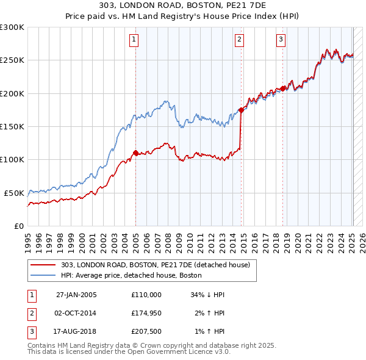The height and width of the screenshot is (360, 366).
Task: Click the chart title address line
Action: pos(183,7)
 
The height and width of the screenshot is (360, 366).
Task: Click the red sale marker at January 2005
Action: pos(135,153)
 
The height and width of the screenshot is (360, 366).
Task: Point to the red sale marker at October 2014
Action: pos(241,110)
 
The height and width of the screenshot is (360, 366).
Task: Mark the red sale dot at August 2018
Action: pos(283,88)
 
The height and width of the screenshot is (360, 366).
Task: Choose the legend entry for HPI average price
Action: pos(136,276)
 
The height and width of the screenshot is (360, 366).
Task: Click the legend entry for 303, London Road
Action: pos(156,265)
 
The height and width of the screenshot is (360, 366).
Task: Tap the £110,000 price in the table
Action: pos(146,295)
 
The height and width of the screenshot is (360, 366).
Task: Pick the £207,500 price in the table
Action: pos(146,333)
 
